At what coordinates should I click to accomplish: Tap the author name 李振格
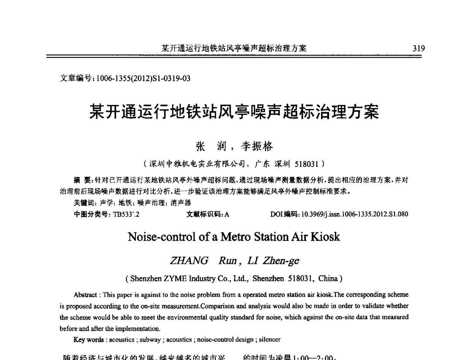[x=257, y=146]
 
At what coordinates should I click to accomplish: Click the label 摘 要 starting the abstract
[x=82, y=180]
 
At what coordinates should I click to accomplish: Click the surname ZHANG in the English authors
[x=189, y=261]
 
